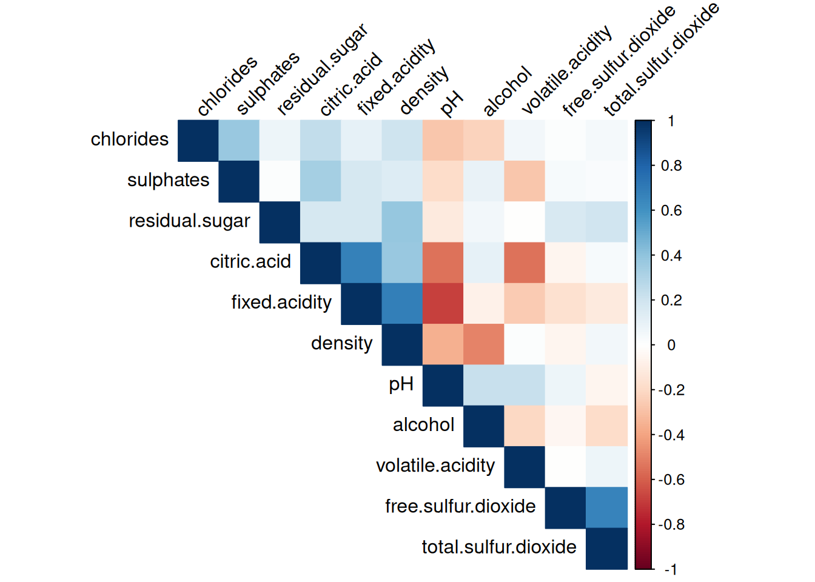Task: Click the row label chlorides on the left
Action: [129, 139]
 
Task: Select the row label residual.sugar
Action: [189, 221]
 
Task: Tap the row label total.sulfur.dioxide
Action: [499, 547]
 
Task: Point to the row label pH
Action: [401, 384]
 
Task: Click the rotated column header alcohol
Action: [507, 92]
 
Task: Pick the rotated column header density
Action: [424, 90]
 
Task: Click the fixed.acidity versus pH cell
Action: [443, 303]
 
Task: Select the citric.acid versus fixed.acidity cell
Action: [361, 263]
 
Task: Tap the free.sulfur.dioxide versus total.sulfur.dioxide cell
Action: [606, 507]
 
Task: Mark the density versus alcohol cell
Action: [483, 344]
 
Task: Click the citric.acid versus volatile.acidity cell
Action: [525, 263]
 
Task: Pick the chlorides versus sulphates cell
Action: [239, 140]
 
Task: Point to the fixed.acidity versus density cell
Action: [402, 303]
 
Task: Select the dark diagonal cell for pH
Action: [443, 385]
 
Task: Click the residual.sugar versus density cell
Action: [402, 222]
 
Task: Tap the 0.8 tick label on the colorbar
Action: [671, 166]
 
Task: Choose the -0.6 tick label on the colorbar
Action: [671, 480]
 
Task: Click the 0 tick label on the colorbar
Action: [671, 345]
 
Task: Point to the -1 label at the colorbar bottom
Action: [670, 569]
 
